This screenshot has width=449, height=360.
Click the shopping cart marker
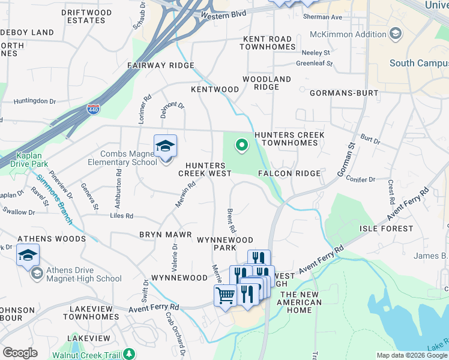(225, 296)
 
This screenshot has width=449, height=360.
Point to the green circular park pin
(241, 145)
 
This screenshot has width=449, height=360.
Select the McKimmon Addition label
(354, 34)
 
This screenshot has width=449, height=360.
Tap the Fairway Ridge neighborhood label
(160, 65)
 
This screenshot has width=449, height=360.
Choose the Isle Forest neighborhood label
(386, 229)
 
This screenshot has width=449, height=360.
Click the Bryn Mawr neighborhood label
(165, 235)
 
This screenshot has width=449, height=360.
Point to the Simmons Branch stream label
(55, 200)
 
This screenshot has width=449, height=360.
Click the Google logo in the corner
(20, 353)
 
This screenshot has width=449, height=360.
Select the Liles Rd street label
(121, 215)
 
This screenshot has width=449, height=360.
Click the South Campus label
(417, 63)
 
